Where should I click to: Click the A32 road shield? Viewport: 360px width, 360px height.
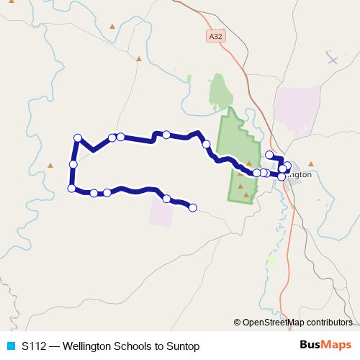[x=215, y=35]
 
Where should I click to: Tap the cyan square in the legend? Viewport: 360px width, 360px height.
[x=10, y=346]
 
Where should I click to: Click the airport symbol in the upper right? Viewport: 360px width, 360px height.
[x=332, y=58]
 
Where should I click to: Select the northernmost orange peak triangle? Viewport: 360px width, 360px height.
[x=112, y=27]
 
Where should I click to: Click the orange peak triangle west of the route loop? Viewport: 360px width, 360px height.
[x=50, y=165]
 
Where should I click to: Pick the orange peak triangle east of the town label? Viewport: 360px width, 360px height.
[x=311, y=163]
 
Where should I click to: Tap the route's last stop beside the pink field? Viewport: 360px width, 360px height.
[x=193, y=207]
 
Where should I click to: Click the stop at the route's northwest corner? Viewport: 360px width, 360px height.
[x=77, y=138]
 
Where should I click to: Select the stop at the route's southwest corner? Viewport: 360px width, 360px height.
[x=71, y=189]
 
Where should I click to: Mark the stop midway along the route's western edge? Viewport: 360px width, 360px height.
[x=73, y=165]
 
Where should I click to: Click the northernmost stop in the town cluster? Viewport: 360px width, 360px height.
[x=270, y=155]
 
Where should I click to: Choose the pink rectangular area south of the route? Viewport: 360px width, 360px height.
[x=162, y=211]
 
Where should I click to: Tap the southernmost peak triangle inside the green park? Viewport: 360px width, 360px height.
[x=247, y=194]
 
